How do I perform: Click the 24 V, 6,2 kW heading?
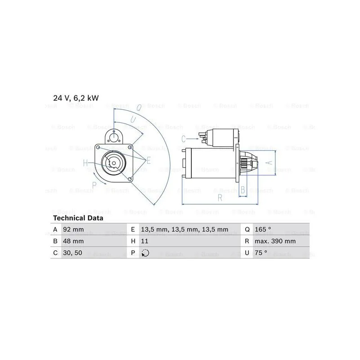pos(76,98)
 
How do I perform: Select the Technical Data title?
pos(78,218)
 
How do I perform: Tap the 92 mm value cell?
pos(73,229)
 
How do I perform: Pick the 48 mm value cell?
pos(73,241)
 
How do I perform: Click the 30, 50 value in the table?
pos(72,253)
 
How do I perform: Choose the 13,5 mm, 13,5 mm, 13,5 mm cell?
pos(184,229)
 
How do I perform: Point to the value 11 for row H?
pos(144,241)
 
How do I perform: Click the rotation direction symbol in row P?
pos(145,253)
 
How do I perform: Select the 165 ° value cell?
pos(263,229)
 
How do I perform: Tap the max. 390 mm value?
pos(275,241)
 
